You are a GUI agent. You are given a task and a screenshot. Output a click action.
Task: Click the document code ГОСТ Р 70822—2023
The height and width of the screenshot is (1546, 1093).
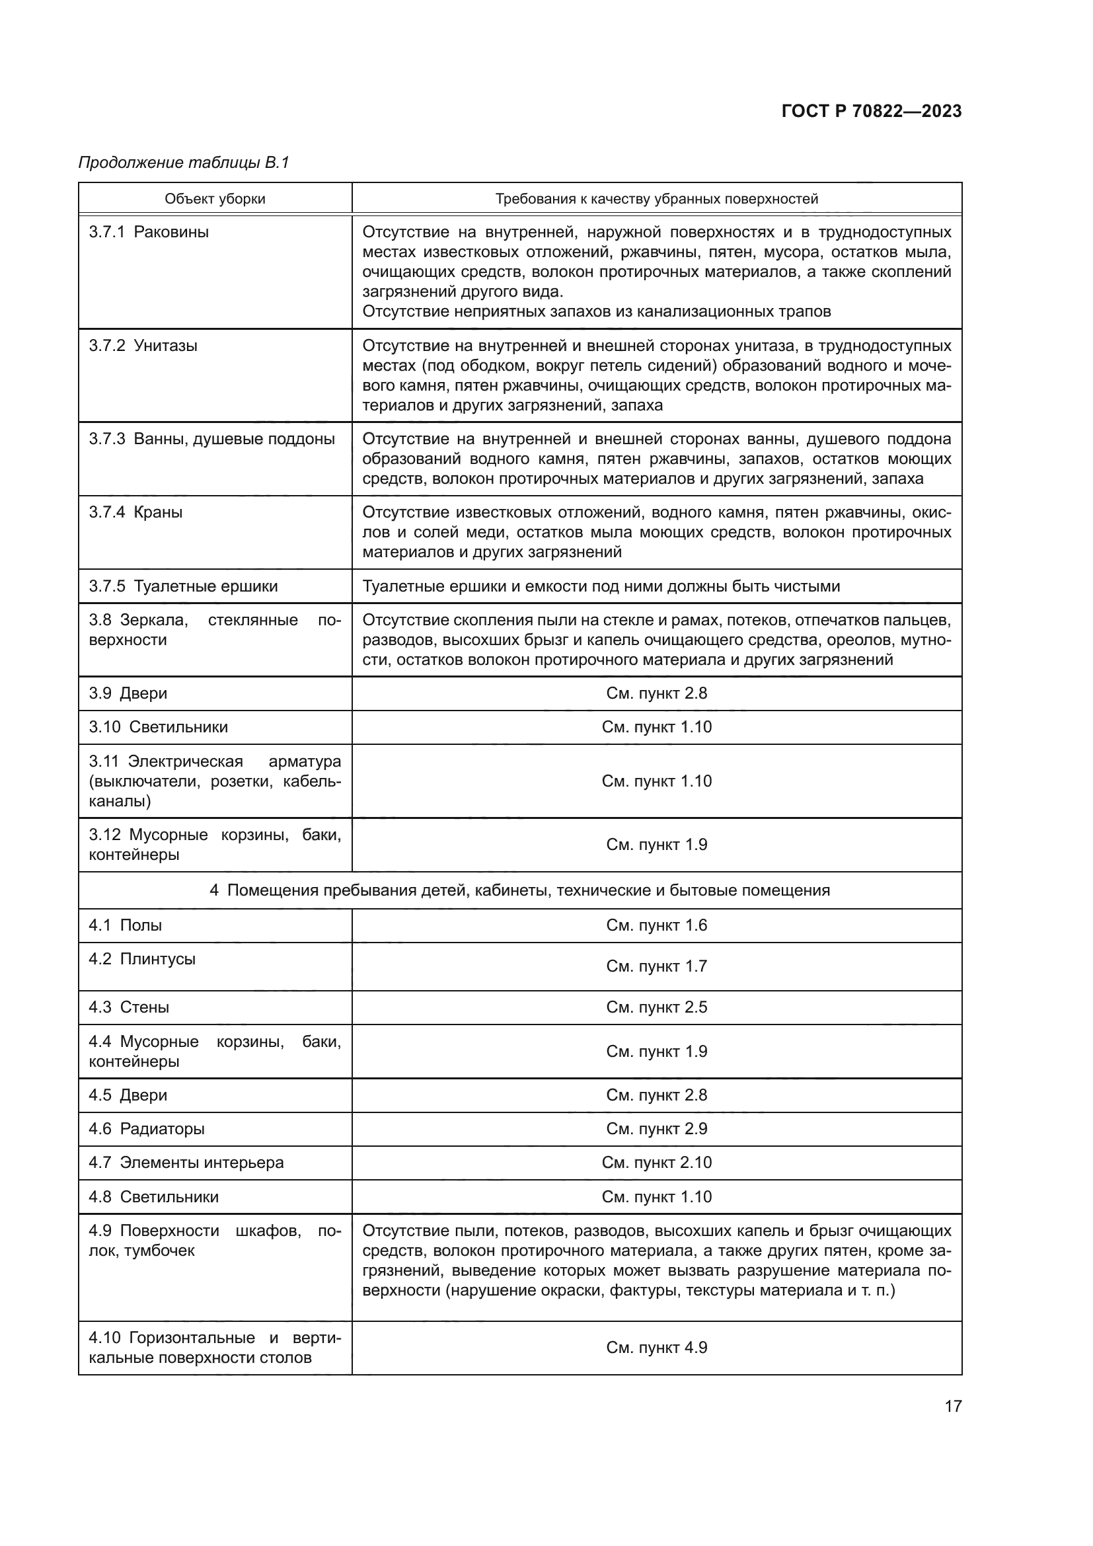872,111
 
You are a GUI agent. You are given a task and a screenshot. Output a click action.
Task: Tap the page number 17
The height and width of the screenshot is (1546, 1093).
953,1406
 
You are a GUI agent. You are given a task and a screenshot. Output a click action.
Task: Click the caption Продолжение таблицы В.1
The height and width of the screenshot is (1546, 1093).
184,163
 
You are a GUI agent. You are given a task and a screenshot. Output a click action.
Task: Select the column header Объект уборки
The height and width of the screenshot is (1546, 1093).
215,199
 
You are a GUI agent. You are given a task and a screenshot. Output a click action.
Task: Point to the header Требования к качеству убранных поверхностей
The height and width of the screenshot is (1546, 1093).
656,199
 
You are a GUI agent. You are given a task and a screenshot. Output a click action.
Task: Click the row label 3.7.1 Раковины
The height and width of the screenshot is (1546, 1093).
149,232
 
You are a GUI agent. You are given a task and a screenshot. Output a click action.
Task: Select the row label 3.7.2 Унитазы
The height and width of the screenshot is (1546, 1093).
143,346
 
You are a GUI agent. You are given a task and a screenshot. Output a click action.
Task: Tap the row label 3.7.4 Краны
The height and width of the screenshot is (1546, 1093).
136,512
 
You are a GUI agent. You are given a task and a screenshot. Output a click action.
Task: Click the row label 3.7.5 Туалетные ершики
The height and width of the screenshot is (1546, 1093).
183,586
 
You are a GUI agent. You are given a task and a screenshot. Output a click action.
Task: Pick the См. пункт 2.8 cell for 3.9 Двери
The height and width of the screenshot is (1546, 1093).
656,693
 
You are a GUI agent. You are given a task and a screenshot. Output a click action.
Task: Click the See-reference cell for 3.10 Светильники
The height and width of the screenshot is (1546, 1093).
656,727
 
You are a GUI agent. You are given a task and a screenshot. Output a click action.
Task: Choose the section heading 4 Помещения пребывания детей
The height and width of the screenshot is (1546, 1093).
519,890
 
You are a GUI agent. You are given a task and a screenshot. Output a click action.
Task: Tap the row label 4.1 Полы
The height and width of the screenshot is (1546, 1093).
126,925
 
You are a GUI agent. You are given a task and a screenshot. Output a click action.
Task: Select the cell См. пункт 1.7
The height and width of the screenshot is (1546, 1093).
656,966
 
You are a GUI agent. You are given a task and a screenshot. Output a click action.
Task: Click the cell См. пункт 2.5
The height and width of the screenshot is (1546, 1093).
656,1007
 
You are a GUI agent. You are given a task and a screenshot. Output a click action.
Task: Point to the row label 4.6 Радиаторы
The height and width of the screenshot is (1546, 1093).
147,1128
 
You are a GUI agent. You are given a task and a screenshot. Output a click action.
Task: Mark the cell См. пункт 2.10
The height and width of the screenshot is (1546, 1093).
656,1162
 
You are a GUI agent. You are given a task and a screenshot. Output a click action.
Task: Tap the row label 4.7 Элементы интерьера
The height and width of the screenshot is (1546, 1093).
186,1162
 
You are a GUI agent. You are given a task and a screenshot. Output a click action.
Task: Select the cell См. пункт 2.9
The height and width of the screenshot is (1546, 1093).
656,1128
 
